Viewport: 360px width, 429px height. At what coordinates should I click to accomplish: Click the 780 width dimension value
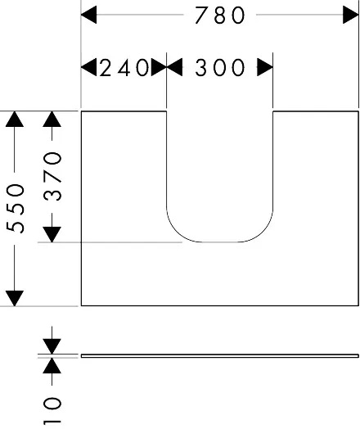(x=220, y=16)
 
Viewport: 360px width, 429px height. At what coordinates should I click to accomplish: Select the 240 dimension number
(x=124, y=68)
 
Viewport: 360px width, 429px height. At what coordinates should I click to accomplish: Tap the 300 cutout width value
(x=220, y=68)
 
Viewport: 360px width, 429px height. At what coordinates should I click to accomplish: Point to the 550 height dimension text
(x=16, y=209)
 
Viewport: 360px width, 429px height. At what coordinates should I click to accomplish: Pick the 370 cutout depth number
(x=52, y=177)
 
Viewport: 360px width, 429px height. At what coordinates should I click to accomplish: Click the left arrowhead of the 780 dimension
(x=89, y=15)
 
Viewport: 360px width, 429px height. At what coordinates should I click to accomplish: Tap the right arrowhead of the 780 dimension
(x=351, y=15)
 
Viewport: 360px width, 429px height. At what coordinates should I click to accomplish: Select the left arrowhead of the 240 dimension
(x=89, y=67)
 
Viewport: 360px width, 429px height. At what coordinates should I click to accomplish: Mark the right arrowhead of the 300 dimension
(x=265, y=67)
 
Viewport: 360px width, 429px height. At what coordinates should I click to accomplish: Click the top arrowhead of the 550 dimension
(x=15, y=120)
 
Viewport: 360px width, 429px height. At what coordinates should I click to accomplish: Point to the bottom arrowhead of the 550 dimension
(x=15, y=298)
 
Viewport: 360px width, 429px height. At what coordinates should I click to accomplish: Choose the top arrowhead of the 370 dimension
(x=52, y=120)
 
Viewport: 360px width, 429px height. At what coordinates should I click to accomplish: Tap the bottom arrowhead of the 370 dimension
(x=52, y=235)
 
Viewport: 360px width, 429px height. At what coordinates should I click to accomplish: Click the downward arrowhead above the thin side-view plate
(x=52, y=346)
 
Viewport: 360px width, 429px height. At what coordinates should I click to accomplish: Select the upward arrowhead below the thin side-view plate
(x=52, y=365)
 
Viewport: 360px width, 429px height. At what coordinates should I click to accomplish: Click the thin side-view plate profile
(x=220, y=355)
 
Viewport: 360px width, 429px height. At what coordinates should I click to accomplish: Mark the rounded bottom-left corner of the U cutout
(x=176, y=233)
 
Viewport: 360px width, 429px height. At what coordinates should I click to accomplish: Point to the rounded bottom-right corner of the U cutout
(x=263, y=233)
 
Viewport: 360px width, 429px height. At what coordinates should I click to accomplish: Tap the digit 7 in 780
(x=202, y=16)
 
